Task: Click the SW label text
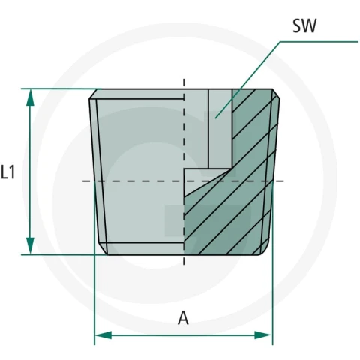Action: pos(304,25)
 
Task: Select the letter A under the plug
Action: pos(183,318)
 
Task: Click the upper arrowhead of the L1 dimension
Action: pos(30,97)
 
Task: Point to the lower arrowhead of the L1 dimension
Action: pos(30,246)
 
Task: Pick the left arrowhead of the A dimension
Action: pos(103,335)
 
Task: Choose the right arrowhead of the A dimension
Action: pos(263,335)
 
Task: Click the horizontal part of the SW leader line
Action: pos(319,42)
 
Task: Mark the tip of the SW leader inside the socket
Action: pos(215,118)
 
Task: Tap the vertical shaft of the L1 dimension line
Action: pos(30,172)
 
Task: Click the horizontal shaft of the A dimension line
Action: pos(183,335)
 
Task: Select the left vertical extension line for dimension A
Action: pos(94,262)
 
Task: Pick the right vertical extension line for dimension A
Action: pos(272,262)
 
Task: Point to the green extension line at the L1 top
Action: pos(61,88)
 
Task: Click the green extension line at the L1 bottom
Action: pos(64,255)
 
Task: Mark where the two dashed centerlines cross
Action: pos(184,181)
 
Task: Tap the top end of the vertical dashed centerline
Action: pos(184,79)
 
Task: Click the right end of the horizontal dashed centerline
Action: pos(283,181)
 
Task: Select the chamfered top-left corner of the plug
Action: pos(93,94)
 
